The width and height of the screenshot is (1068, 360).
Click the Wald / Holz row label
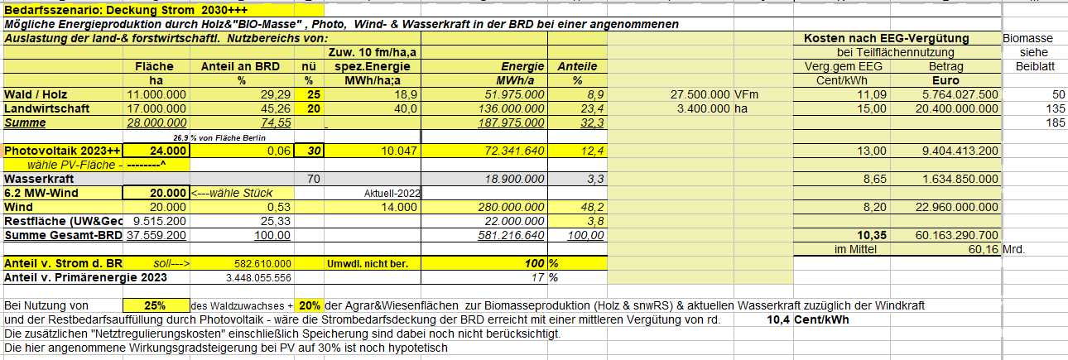(x=35, y=95)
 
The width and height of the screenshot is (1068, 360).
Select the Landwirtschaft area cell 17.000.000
(x=157, y=108)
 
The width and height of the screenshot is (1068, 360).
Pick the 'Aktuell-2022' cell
(x=392, y=193)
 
